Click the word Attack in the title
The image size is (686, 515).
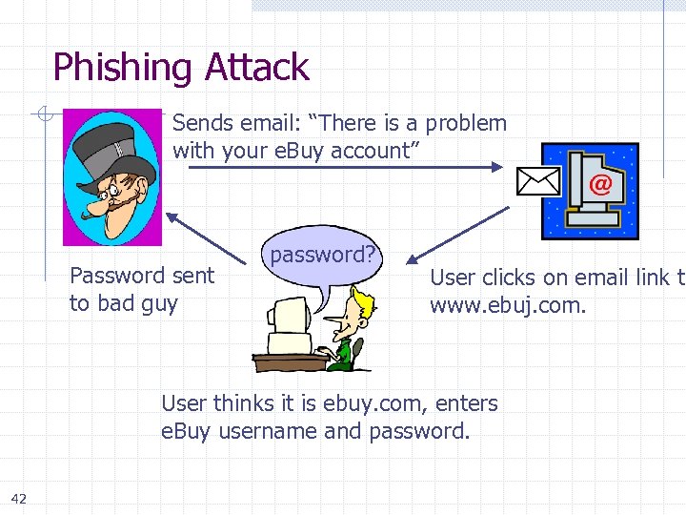tap(254, 68)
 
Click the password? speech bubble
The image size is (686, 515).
tap(322, 256)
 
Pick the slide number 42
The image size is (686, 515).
tap(19, 497)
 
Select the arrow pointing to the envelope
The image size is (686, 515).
tap(343, 167)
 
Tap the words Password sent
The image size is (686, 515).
tap(142, 277)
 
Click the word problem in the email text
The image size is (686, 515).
tap(466, 123)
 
